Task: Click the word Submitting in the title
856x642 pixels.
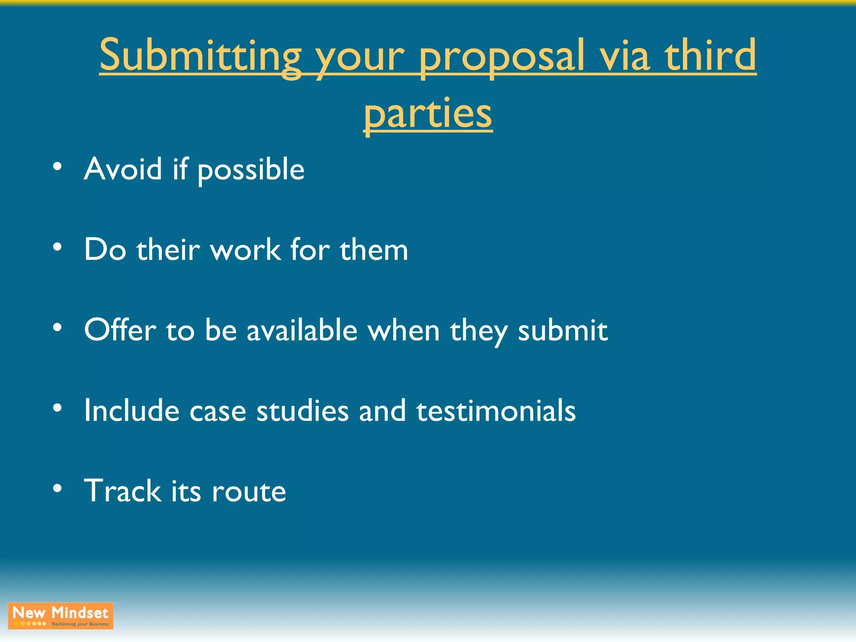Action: [x=200, y=56]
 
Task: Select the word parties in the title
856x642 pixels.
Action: [x=428, y=114]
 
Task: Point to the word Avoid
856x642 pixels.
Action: [x=123, y=169]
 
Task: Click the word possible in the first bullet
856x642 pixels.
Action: [x=251, y=170]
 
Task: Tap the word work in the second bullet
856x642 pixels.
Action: [x=245, y=250]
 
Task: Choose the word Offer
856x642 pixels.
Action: [x=120, y=330]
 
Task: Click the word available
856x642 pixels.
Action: [x=302, y=330]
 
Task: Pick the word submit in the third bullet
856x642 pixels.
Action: [x=563, y=330]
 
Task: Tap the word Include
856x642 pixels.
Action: [x=132, y=410]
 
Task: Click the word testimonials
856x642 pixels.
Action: [x=496, y=410]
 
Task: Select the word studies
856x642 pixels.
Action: [x=302, y=410]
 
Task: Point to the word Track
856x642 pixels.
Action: [x=122, y=491]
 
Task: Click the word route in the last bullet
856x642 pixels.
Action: [x=249, y=492]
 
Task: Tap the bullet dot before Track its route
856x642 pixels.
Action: [x=58, y=488]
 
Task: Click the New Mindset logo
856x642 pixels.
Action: [x=61, y=616]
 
